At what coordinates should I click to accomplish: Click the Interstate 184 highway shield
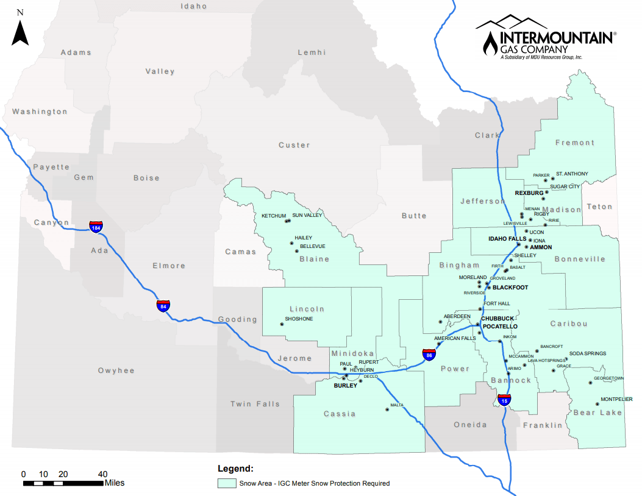pos(96,227)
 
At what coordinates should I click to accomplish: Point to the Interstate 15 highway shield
pos(504,400)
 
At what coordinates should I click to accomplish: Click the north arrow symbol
pos(21,33)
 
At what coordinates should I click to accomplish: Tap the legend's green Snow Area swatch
pos(227,483)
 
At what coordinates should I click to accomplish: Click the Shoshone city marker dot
pos(282,325)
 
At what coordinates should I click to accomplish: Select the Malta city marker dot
pos(387,409)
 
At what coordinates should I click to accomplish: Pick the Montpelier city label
pos(616,399)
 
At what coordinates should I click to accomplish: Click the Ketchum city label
pos(274,216)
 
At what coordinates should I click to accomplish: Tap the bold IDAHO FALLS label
pos(507,239)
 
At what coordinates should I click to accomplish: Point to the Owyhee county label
pos(116,370)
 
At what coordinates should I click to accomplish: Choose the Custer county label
pos(294,145)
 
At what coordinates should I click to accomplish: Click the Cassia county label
pos(340,414)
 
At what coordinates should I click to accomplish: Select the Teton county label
pos(599,207)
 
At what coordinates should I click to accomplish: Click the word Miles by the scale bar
pos(115,483)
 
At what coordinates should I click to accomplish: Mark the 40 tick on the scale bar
pos(103,474)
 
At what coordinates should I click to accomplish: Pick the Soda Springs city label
pos(588,353)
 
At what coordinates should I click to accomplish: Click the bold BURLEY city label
pos(345,386)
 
